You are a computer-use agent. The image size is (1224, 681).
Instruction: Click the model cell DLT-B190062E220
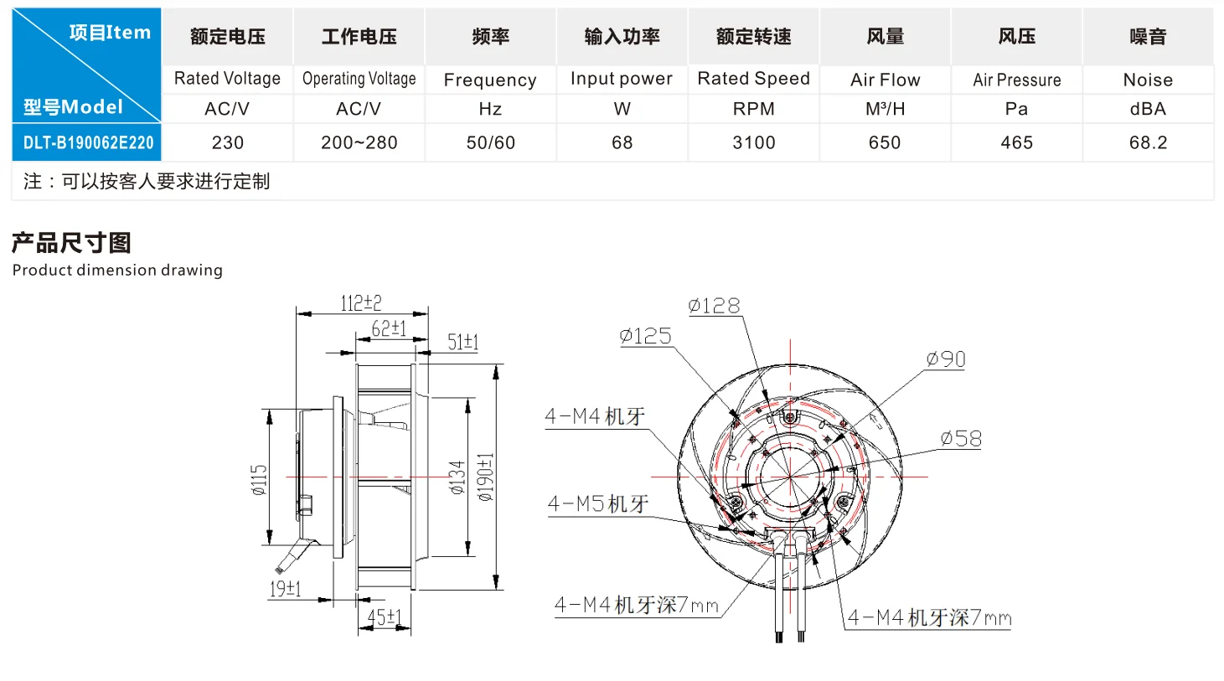click(88, 142)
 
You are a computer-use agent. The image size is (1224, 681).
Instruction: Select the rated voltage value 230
click(227, 142)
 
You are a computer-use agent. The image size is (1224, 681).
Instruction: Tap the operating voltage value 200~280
click(359, 142)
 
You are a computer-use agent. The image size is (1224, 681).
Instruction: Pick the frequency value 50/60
click(491, 142)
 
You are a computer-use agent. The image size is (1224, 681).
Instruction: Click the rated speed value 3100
click(753, 142)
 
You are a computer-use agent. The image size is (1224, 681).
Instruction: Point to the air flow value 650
click(885, 142)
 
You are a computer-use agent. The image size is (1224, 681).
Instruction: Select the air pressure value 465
click(1016, 142)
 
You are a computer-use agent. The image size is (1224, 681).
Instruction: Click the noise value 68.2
click(1148, 142)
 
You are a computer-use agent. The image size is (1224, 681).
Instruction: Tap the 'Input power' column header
click(622, 79)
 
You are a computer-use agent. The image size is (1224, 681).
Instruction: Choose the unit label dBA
click(1148, 109)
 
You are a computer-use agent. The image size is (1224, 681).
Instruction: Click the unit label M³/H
click(886, 109)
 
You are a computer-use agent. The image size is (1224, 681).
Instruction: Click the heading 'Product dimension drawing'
click(117, 270)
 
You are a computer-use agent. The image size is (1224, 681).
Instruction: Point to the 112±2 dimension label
click(360, 302)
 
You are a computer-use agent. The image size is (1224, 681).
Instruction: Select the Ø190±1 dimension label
click(486, 477)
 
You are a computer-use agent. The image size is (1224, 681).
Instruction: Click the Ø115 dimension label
click(259, 480)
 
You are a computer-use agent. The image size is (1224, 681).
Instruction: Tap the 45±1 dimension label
click(385, 617)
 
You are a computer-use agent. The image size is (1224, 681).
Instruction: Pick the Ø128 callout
click(714, 306)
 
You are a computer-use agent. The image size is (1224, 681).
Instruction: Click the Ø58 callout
click(961, 438)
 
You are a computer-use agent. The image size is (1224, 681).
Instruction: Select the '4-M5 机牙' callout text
click(598, 503)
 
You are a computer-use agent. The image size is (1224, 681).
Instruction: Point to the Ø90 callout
click(946, 359)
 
